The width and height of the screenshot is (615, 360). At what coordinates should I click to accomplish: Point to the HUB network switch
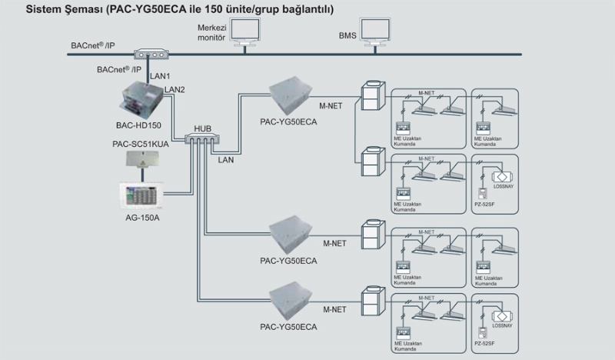[x=202, y=138]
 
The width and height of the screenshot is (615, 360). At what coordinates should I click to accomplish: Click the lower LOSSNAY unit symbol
[x=497, y=317]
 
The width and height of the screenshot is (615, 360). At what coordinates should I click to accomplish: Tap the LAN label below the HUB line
[x=227, y=161]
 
